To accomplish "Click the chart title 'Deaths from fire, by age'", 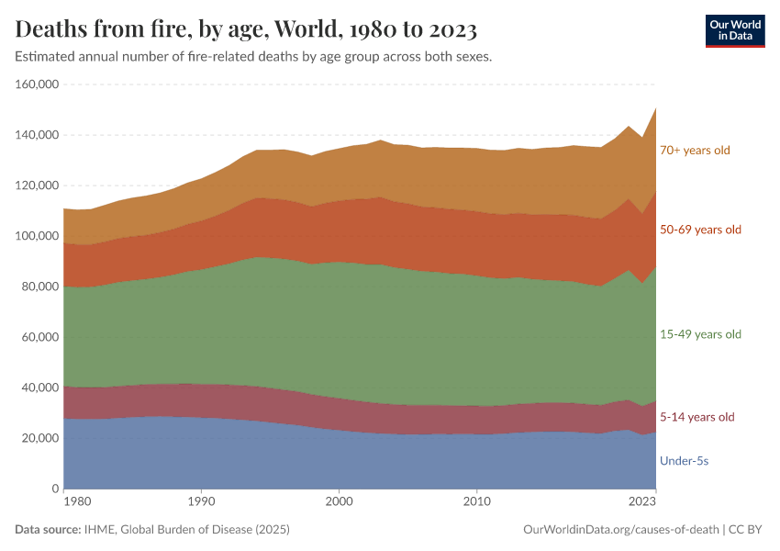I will click(x=246, y=29).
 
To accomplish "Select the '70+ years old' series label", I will click(x=695, y=150).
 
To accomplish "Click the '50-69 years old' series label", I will click(x=700, y=230).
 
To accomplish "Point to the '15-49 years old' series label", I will click(x=700, y=334).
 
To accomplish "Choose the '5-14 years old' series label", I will click(x=697, y=417).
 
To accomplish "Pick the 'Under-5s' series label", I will click(x=684, y=461).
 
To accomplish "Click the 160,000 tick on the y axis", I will click(x=37, y=84).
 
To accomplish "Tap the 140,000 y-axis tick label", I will click(x=37, y=135).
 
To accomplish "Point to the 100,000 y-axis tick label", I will click(x=37, y=236).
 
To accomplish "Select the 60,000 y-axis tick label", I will click(x=40, y=337).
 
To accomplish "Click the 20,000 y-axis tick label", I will click(x=40, y=438).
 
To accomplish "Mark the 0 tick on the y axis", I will click(x=55, y=489).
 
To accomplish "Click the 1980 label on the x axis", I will click(x=77, y=502).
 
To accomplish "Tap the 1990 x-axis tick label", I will click(x=201, y=502).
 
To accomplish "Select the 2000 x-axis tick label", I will click(x=339, y=502).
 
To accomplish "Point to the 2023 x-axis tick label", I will click(x=642, y=502).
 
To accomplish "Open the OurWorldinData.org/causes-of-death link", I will click(x=619, y=530).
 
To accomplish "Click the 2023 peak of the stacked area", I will click(x=655, y=108).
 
